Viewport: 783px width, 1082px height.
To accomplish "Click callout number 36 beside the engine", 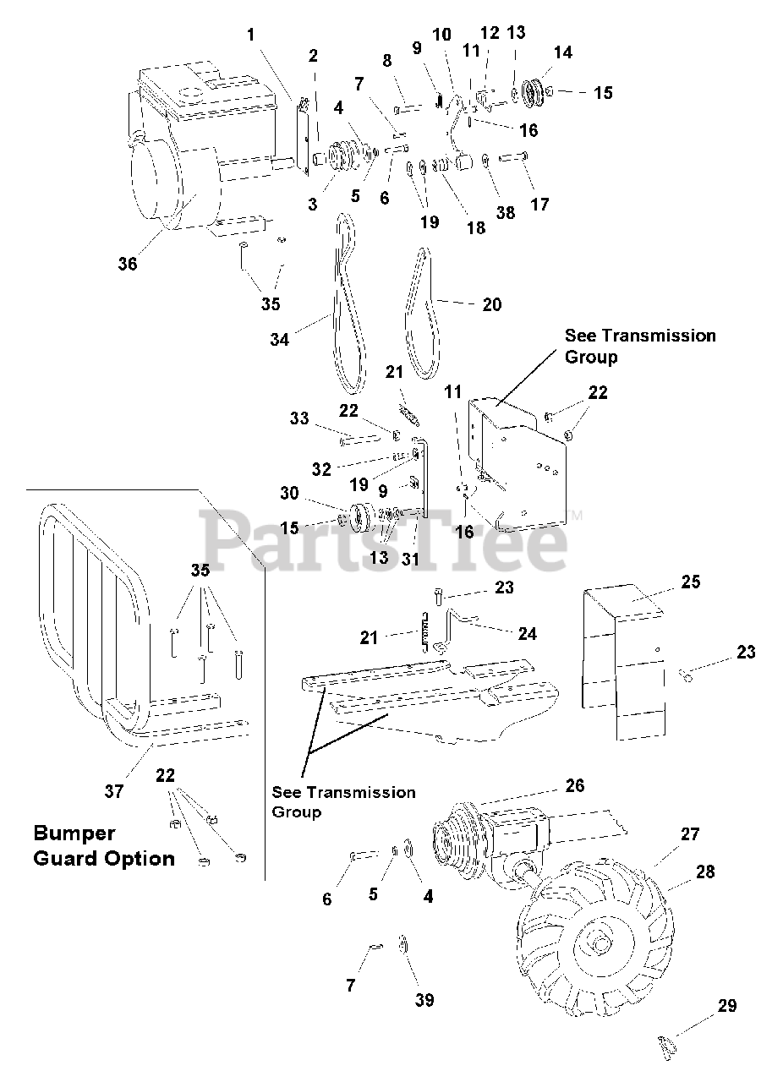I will (x=127, y=264).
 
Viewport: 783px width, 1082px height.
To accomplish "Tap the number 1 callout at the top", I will (x=251, y=35).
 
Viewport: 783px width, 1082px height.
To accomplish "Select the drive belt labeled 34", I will (x=349, y=313).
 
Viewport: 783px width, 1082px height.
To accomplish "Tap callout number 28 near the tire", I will (x=704, y=872).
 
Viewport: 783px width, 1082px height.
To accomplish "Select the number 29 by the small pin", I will (x=726, y=1006).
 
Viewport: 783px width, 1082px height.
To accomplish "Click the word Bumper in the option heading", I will (x=74, y=833).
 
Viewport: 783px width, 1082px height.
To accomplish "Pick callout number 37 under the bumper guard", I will (x=114, y=791).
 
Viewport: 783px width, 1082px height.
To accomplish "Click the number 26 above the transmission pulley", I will (x=574, y=786).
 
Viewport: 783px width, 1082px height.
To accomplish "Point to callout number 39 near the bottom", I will (x=424, y=1000).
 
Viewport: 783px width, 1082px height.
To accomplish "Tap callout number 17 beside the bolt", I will (x=539, y=204).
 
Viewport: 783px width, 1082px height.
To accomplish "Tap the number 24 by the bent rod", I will (x=526, y=633).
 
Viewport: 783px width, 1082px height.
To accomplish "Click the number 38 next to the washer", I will (x=506, y=213).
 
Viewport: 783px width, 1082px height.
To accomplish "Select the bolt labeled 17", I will (x=512, y=156).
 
